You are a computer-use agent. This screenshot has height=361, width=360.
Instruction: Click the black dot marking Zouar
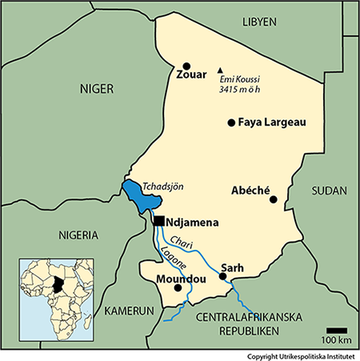pyautogui.click(x=187, y=66)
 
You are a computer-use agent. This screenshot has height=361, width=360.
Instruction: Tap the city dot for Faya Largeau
pyautogui.click(x=231, y=122)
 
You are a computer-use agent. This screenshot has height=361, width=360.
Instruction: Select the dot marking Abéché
pyautogui.click(x=273, y=199)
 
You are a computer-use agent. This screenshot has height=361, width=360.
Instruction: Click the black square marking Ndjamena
pyautogui.click(x=160, y=220)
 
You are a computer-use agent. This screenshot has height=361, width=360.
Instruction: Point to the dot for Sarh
pyautogui.click(x=223, y=277)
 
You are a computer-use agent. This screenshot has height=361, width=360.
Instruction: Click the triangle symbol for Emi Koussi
pyautogui.click(x=221, y=69)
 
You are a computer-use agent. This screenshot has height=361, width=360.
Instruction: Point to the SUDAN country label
pyautogui.click(x=329, y=191)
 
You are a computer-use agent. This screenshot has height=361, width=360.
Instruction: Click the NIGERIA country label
pyautogui.click(x=78, y=235)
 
